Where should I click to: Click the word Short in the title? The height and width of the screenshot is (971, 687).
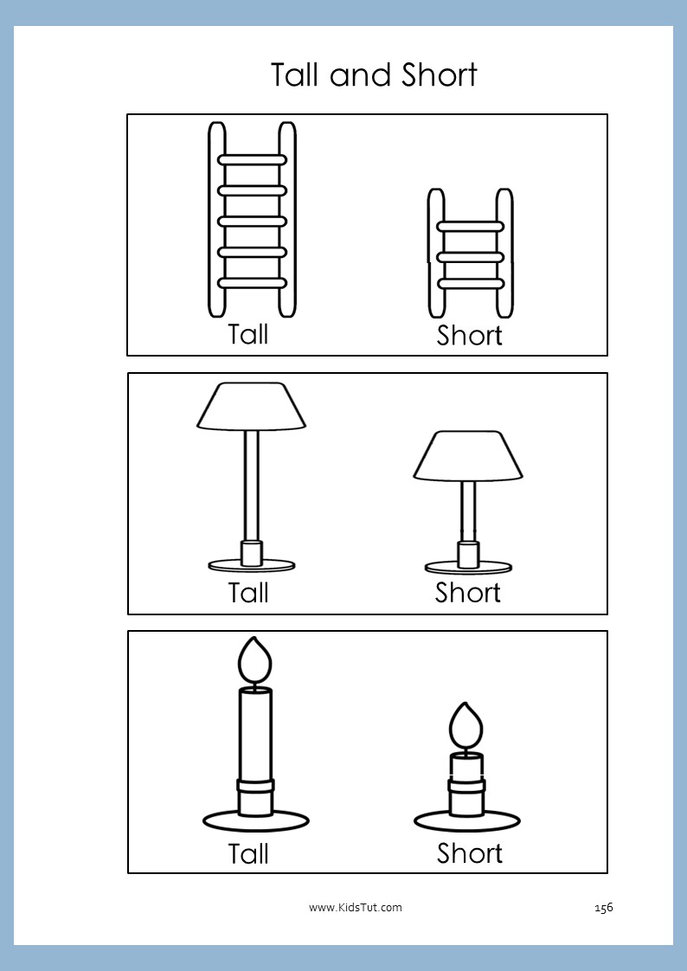(440, 75)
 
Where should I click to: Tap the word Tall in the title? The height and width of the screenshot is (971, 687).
(297, 75)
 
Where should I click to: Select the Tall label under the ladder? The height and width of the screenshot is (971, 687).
(248, 334)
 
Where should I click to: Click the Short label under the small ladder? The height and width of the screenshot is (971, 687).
(469, 336)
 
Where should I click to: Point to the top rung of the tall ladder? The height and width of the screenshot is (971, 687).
(252, 160)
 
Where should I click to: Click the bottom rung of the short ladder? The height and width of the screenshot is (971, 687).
(470, 284)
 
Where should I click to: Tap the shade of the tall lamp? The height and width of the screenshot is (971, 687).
(251, 406)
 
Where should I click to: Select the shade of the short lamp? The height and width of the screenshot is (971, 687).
(468, 455)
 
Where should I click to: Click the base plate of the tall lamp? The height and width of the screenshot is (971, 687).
(251, 565)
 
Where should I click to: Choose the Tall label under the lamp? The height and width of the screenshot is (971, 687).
(248, 593)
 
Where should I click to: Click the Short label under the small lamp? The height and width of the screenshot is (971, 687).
(468, 593)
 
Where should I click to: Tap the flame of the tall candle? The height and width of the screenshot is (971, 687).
(255, 660)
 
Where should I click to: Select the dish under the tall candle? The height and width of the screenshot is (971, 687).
(255, 821)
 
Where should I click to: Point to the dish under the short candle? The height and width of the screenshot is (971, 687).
(466, 821)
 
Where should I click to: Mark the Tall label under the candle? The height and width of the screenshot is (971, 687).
(248, 854)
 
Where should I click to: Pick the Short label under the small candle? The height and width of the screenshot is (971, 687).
(470, 853)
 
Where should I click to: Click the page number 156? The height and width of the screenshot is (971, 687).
(603, 908)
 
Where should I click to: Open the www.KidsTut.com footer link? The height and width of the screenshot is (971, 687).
(356, 908)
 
